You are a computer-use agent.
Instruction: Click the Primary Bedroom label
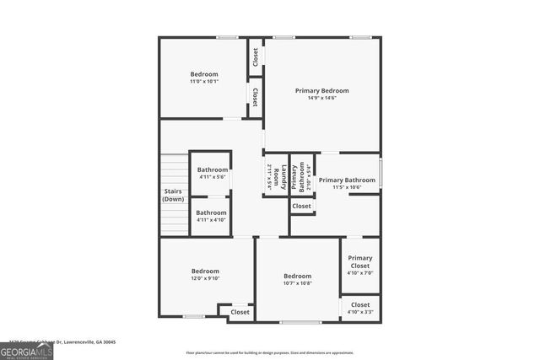tap(321, 90)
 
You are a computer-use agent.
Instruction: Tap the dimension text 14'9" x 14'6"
tap(321, 99)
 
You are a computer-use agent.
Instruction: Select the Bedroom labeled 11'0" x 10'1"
tap(203, 74)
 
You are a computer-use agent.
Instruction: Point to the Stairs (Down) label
tap(173, 195)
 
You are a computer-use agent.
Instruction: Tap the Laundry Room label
tap(276, 175)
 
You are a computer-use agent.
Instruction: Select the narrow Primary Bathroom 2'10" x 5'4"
tap(300, 175)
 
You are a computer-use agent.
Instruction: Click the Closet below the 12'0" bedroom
tap(240, 312)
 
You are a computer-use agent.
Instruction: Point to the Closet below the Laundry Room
tap(301, 206)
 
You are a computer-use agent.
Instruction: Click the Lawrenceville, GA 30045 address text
tap(84, 342)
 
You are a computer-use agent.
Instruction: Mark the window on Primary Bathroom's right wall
tap(381, 173)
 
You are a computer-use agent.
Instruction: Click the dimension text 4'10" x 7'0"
tap(360, 273)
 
